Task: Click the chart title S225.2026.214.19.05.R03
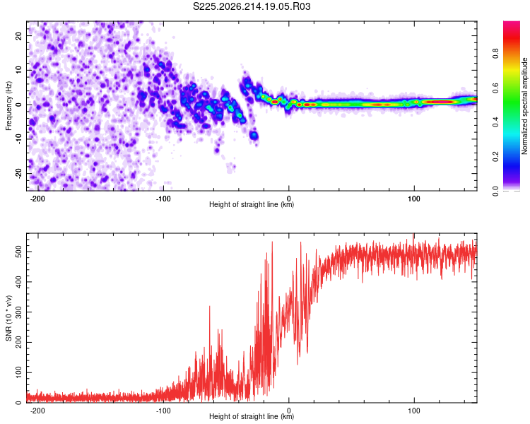(x=252, y=6)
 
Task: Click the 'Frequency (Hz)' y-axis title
(x=8, y=106)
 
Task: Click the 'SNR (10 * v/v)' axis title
(x=8, y=318)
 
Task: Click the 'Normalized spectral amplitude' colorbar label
(x=524, y=106)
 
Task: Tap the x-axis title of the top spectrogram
(x=252, y=204)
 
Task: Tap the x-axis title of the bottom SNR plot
(x=252, y=416)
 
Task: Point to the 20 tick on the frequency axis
(x=18, y=35)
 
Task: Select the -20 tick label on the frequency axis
(x=18, y=174)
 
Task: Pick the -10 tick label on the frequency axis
(x=18, y=139)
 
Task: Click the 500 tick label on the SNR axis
(x=18, y=252)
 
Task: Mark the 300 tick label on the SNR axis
(x=18, y=312)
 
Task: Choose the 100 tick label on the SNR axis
(x=18, y=372)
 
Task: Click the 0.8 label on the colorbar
(x=495, y=54)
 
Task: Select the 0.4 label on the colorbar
(x=495, y=122)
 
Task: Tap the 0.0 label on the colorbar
(x=495, y=191)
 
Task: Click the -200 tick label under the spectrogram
(x=37, y=199)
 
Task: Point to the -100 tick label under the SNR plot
(x=163, y=411)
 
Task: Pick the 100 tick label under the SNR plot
(x=414, y=411)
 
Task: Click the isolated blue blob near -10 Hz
(x=254, y=136)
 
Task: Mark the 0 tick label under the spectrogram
(x=288, y=199)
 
